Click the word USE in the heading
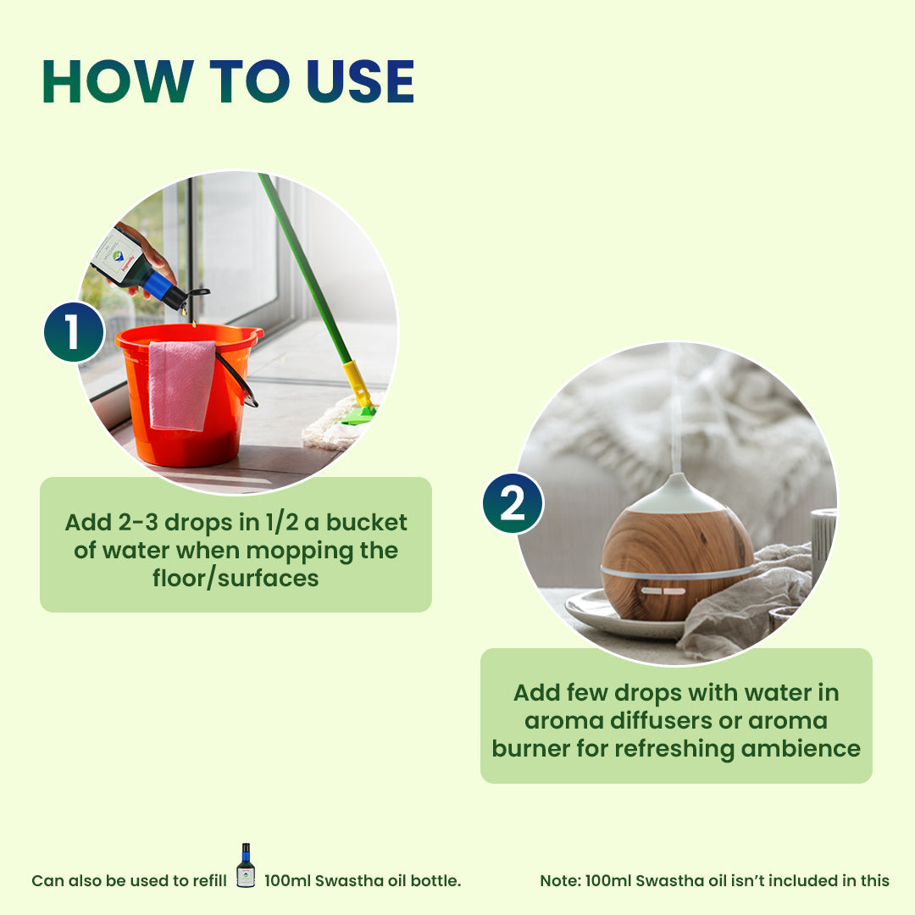[x=361, y=82]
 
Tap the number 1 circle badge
[x=74, y=332]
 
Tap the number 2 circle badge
[x=513, y=503]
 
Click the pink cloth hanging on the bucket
[x=181, y=385]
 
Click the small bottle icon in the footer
[x=246, y=866]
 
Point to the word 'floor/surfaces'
[x=236, y=579]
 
